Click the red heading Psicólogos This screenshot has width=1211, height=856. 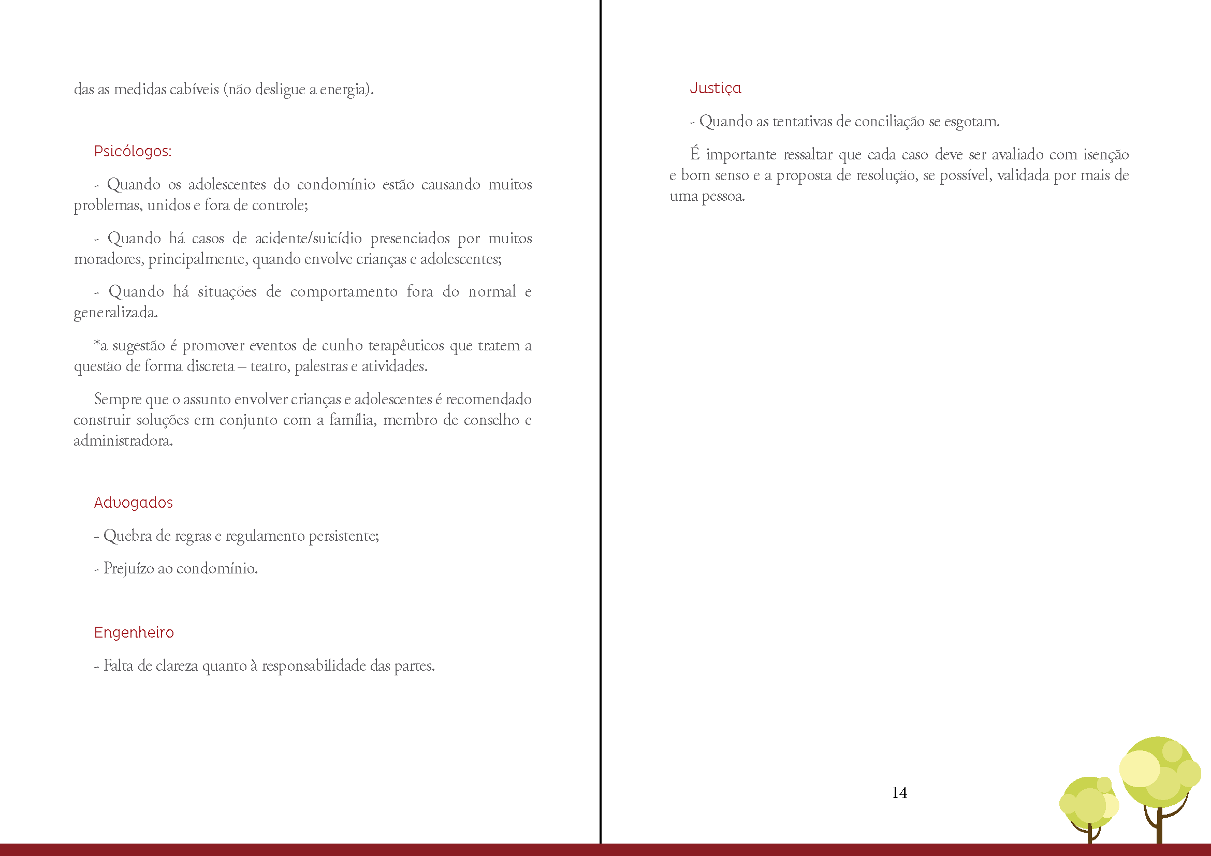pos(133,151)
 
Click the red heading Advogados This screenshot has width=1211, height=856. pos(133,503)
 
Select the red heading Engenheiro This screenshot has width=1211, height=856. pos(134,632)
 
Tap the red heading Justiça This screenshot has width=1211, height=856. pos(714,88)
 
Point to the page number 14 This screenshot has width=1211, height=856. pos(899,793)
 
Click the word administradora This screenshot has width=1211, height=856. pos(123,440)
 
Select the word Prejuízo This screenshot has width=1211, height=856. pos(128,568)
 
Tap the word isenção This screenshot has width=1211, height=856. pos(1106,154)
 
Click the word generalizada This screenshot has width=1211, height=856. pos(115,313)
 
